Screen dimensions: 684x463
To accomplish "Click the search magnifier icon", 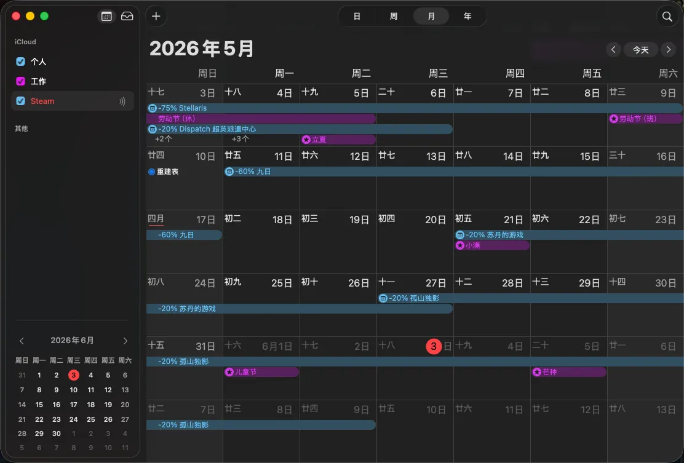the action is coord(667,17).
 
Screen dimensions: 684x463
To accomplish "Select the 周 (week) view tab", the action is coord(394,17).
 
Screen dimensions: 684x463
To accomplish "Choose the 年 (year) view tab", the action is coord(467,17).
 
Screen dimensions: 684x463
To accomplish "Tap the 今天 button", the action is coord(640,50).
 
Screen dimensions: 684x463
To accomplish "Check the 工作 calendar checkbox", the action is coord(20,81).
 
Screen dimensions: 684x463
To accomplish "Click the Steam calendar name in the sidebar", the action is coord(42,101).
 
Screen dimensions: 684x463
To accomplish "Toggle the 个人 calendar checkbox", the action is coord(20,61).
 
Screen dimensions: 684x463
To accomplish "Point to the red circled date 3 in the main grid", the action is coord(434,347).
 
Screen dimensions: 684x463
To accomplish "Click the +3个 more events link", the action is coord(240,139).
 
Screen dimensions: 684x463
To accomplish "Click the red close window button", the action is coord(16,16).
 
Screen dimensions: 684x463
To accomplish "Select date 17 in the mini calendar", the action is coord(74,405).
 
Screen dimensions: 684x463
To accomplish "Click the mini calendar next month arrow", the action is coord(125,341).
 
